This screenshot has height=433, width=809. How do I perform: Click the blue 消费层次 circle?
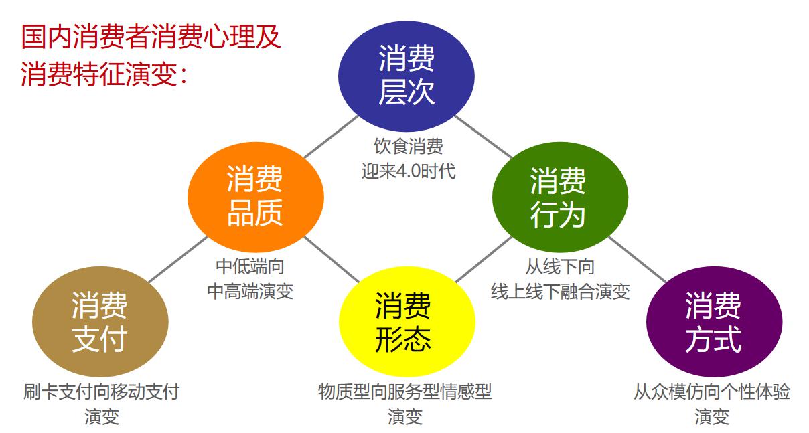[x=407, y=76]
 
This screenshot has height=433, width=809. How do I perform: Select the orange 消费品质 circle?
[x=256, y=197]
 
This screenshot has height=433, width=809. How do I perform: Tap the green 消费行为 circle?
[x=560, y=197]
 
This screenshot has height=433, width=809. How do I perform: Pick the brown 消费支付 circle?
[x=100, y=321]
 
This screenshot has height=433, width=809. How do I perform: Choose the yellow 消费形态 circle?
[x=407, y=321]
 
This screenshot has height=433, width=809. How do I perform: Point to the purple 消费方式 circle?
[x=715, y=321]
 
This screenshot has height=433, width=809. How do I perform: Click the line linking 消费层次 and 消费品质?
[x=331, y=137]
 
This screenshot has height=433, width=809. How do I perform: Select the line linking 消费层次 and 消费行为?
[x=484, y=137]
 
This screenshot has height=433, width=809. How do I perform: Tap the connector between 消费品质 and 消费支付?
[x=178, y=259]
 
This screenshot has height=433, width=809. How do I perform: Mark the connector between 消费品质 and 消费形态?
[x=332, y=259]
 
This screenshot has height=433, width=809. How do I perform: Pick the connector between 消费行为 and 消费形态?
[x=484, y=259]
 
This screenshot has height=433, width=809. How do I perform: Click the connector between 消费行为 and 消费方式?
[x=638, y=259]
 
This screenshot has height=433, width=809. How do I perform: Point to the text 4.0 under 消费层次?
[x=409, y=171]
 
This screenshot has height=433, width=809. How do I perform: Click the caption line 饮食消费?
[x=409, y=146]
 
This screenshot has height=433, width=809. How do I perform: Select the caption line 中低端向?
[x=250, y=266]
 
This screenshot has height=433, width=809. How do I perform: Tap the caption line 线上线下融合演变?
[x=560, y=292]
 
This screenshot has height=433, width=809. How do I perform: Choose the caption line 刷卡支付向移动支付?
[x=102, y=392]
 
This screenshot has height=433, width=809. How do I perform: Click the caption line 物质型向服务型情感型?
[x=405, y=392]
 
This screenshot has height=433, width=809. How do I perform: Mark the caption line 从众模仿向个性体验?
[x=712, y=392]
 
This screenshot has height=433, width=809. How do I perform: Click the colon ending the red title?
[x=183, y=76]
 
